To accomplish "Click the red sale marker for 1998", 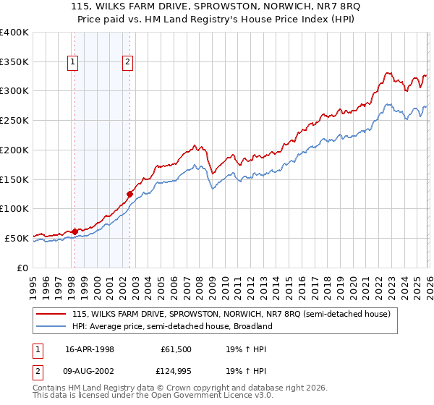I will [x=75, y=231].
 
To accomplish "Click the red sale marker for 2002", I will [x=129, y=194].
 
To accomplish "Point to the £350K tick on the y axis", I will [x=14, y=62].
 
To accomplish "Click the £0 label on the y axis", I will [x=23, y=268].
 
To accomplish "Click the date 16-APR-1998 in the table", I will [x=89, y=349].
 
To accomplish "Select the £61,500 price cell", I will [x=177, y=349].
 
